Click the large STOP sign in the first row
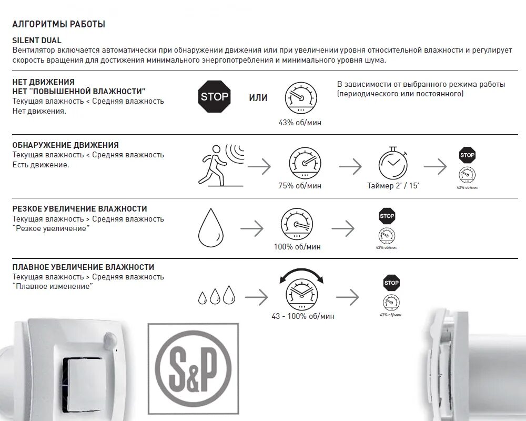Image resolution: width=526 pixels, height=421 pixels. pyautogui.click(x=215, y=96)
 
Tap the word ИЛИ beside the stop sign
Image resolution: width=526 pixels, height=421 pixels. pyautogui.click(x=258, y=98)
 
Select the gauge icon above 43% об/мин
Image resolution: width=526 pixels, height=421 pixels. pyautogui.click(x=301, y=98)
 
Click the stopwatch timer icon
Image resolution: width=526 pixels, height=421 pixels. pyautogui.click(x=393, y=163)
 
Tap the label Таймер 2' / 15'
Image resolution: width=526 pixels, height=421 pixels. pyautogui.click(x=393, y=186)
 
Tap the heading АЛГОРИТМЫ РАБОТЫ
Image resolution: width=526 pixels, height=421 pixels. pyautogui.click(x=58, y=24)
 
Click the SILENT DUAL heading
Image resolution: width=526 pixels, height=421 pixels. pyautogui.click(x=37, y=41)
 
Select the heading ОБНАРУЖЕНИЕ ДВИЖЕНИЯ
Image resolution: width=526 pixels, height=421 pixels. pyautogui.click(x=66, y=145)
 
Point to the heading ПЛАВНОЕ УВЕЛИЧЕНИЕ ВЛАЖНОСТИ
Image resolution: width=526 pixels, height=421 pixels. pyautogui.click(x=83, y=267)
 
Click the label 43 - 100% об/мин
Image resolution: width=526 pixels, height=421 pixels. pyautogui.click(x=303, y=316)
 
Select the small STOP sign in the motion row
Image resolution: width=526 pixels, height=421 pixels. pyautogui.click(x=467, y=155)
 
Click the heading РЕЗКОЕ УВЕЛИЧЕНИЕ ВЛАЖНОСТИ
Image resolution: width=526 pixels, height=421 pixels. pyautogui.click(x=79, y=209)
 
